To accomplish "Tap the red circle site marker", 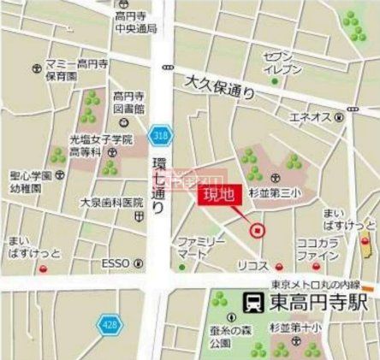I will coord(255,228).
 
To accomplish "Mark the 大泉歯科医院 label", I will coord(111,203).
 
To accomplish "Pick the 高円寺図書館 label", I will coord(130,103).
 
